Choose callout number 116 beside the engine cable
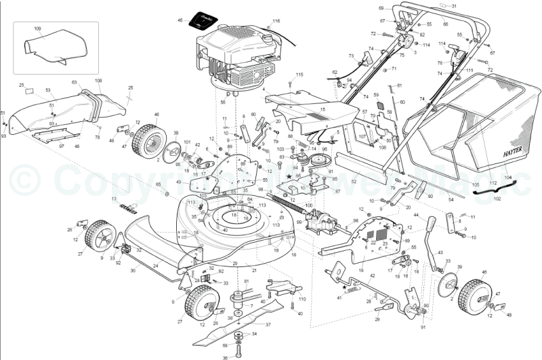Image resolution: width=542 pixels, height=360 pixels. click(x=276, y=22)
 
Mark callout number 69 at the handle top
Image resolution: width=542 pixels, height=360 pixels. click(x=381, y=8)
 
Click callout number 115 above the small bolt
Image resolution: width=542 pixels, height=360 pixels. click(x=299, y=75)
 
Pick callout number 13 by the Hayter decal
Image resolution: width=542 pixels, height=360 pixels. click(x=114, y=198)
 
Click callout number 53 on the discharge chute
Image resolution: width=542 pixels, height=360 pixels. click(x=48, y=89)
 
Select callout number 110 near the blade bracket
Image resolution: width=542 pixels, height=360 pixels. click(x=303, y=299)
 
